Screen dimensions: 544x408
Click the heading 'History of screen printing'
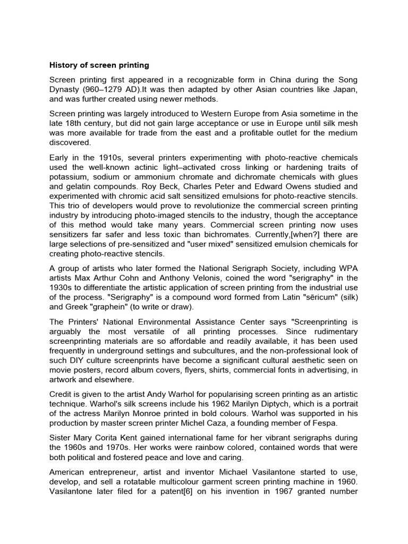[99, 65]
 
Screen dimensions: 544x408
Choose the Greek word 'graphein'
[121, 307]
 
